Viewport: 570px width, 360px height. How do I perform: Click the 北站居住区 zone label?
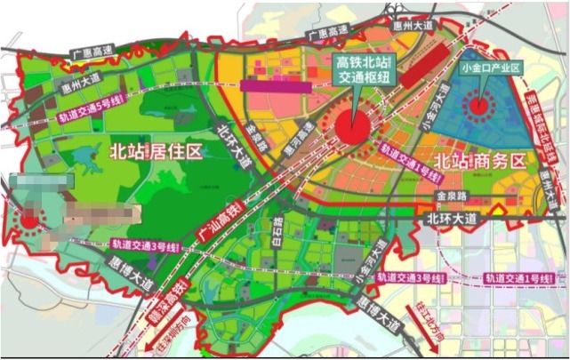[x=156, y=151]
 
